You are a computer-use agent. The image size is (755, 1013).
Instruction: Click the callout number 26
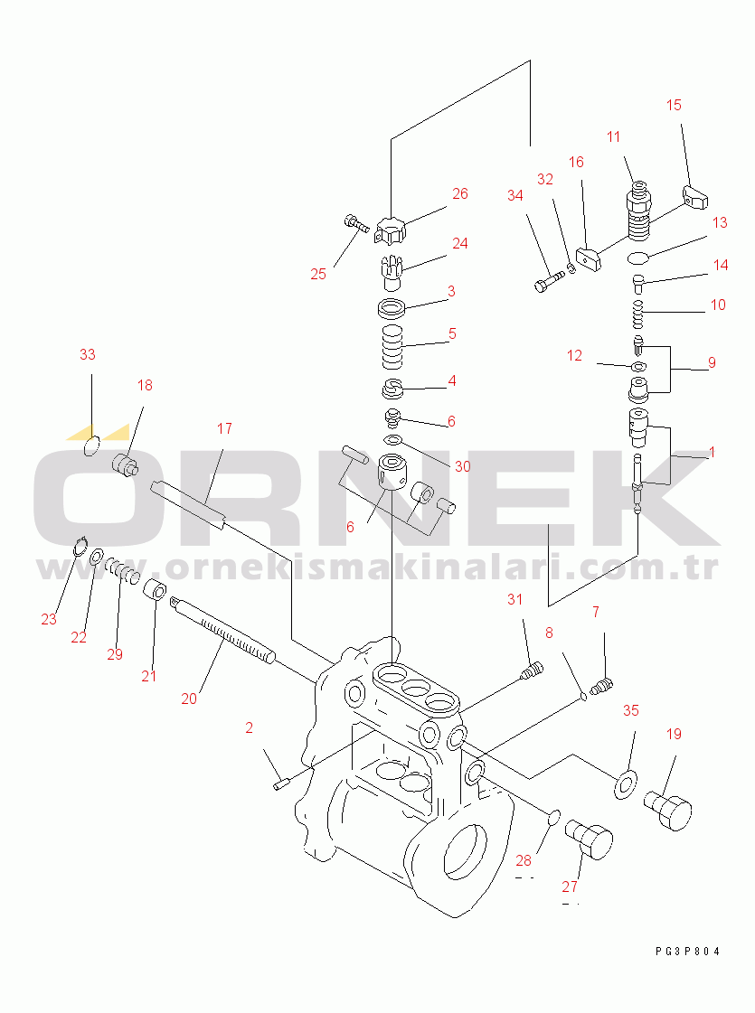point(459,193)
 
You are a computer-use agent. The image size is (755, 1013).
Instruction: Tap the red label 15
point(674,106)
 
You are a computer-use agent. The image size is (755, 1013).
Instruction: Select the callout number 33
point(88,354)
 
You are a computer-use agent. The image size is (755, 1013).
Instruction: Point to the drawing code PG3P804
point(687,951)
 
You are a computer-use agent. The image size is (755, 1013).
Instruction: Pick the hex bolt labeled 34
point(549,281)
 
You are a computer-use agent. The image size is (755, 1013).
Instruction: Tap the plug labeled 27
point(589,839)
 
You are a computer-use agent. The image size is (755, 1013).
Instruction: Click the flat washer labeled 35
point(625,784)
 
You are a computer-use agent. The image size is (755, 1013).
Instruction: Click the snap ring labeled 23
point(80,547)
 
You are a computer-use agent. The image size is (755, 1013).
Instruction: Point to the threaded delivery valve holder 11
point(638,209)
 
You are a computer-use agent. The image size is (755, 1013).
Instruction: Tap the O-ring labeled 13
point(638,258)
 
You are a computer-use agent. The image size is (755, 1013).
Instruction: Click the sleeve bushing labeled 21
point(156,590)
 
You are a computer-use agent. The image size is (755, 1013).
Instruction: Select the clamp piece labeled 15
point(695,197)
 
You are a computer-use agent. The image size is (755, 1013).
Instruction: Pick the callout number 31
point(514,599)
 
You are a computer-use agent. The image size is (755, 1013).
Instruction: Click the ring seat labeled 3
point(392,308)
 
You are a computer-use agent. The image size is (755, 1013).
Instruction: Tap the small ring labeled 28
point(554,818)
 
